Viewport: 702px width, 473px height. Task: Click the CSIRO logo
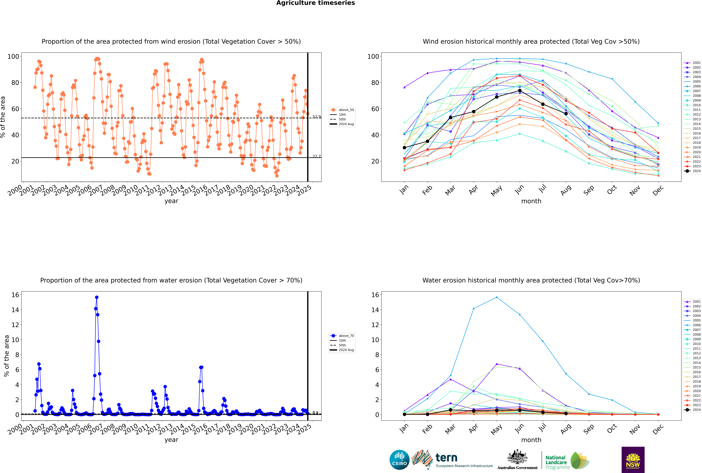click(399, 460)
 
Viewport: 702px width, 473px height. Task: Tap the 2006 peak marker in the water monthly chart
click(496, 297)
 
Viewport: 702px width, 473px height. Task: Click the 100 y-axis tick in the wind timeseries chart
click(13, 56)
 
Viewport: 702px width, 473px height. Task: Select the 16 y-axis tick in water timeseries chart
click(15, 295)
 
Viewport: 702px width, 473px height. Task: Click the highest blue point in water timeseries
click(97, 297)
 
